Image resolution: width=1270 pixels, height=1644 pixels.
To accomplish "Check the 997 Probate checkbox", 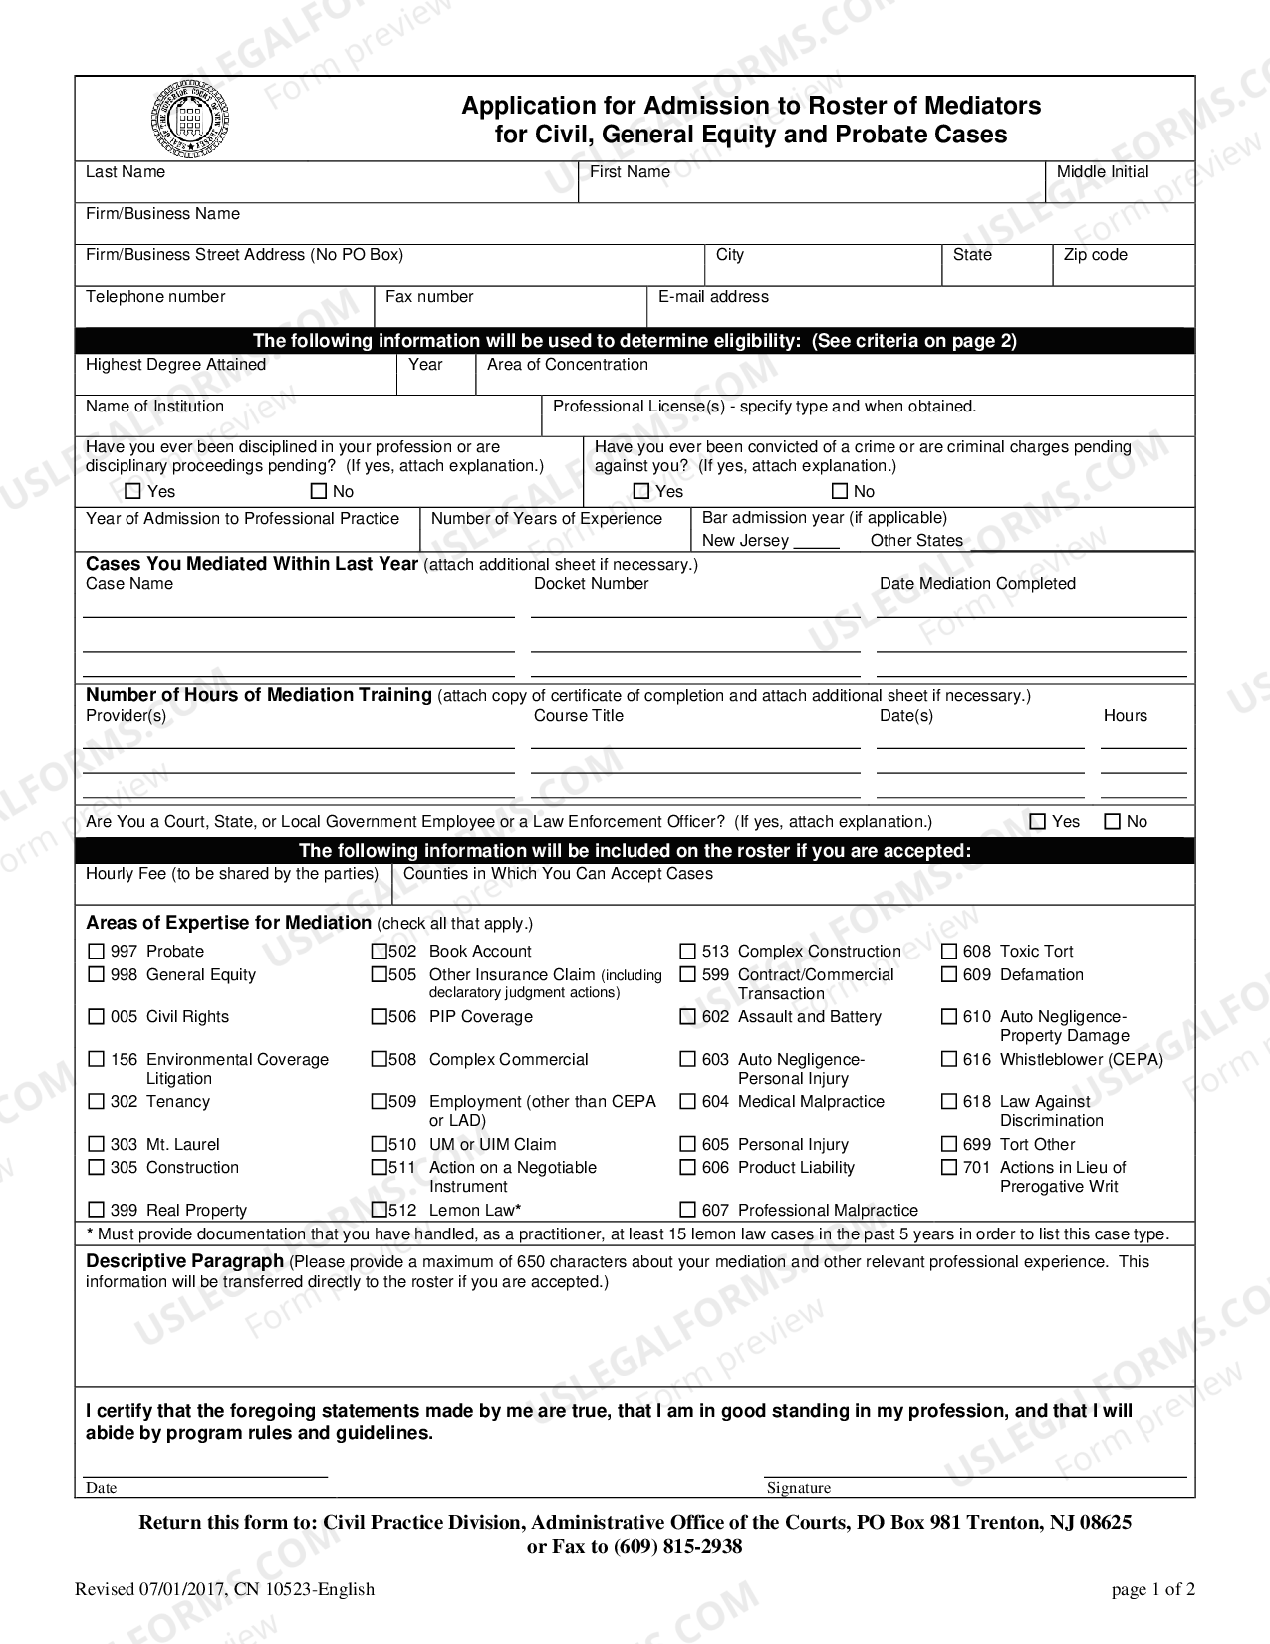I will pyautogui.click(x=97, y=952).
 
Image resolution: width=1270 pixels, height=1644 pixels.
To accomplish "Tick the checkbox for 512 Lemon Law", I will pyautogui.click(x=380, y=1210).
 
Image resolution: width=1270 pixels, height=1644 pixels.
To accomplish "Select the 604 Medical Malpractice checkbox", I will pyautogui.click(x=688, y=1102).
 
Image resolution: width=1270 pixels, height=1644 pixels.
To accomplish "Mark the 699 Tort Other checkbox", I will pyautogui.click(x=949, y=1144).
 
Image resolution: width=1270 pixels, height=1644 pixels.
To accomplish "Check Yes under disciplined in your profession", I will pyautogui.click(x=133, y=491).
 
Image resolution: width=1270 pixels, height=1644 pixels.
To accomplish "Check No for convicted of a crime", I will pyautogui.click(x=840, y=491).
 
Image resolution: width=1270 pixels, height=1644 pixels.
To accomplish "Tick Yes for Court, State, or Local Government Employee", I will pyautogui.click(x=1038, y=822).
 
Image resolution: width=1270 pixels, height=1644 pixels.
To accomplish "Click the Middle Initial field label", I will pyautogui.click(x=1102, y=172).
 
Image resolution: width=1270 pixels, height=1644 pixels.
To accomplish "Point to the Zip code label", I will pyautogui.click(x=1095, y=255).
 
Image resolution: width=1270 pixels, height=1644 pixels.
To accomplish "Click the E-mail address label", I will pyautogui.click(x=713, y=297).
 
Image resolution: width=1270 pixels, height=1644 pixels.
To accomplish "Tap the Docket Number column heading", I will pyautogui.click(x=591, y=584).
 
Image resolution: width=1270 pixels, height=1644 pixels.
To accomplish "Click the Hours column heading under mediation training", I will pyautogui.click(x=1125, y=716).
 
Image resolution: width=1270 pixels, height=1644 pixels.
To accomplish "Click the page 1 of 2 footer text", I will pyautogui.click(x=1152, y=1589).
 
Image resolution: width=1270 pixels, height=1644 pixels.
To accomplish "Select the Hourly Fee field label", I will pyautogui.click(x=232, y=874).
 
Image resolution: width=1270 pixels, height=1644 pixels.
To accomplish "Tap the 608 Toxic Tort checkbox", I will pyautogui.click(x=949, y=952).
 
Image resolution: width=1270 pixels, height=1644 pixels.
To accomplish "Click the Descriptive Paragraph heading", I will pyautogui.click(x=184, y=1261).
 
